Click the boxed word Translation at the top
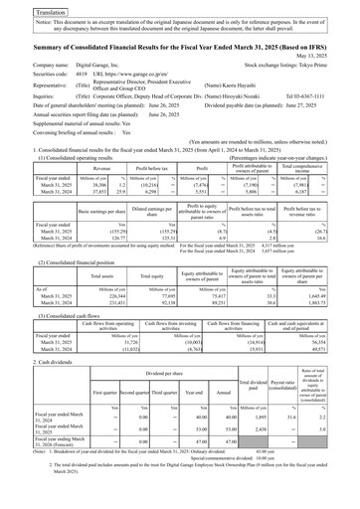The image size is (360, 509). click(25, 7)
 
